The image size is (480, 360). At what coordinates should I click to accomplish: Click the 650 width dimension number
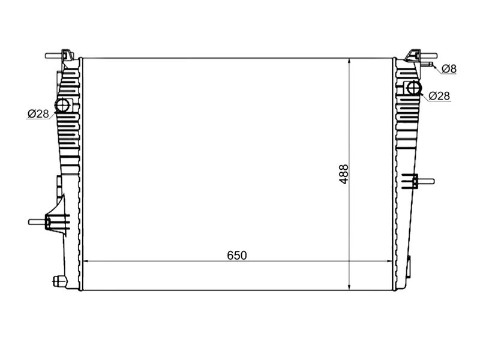coord(236,256)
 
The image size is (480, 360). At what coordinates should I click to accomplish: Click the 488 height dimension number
coord(344,174)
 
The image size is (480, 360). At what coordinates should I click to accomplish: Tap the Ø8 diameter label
coord(449,69)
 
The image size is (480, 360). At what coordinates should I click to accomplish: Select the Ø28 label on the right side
coord(439,96)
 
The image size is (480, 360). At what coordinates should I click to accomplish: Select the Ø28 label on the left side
coord(38,114)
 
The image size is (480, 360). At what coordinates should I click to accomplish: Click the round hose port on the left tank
coord(62,106)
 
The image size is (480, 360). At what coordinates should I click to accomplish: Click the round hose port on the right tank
coord(413,88)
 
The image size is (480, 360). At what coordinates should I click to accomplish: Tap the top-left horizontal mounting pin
coord(54,56)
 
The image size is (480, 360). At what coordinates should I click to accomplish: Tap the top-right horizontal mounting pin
coord(428,55)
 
